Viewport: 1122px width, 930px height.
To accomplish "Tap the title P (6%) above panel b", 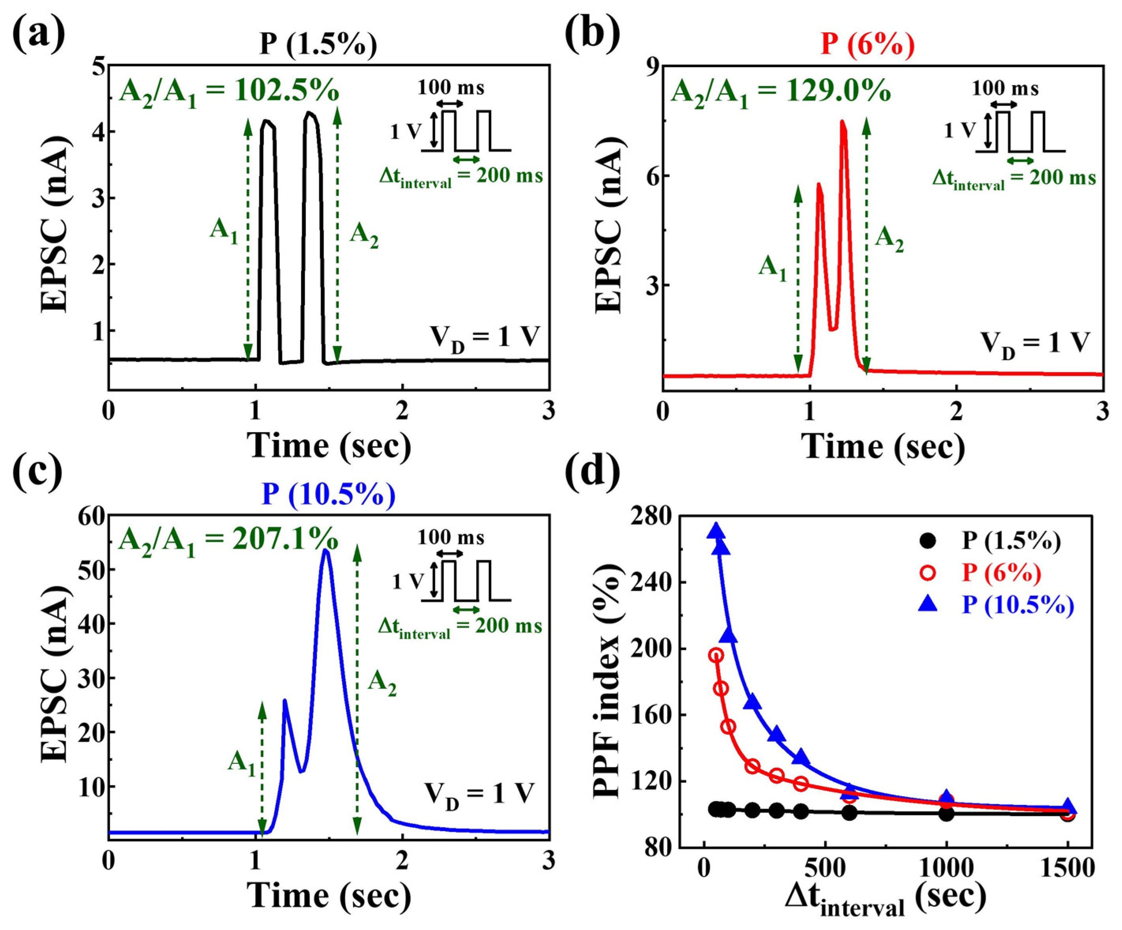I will click(x=867, y=44).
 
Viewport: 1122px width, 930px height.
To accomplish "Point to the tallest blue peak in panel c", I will click(x=325, y=550).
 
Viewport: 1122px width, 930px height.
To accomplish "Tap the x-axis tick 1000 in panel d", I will click(x=946, y=868).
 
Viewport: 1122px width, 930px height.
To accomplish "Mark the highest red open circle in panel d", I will click(x=716, y=656).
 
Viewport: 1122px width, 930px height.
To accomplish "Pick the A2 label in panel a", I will click(x=364, y=236).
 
